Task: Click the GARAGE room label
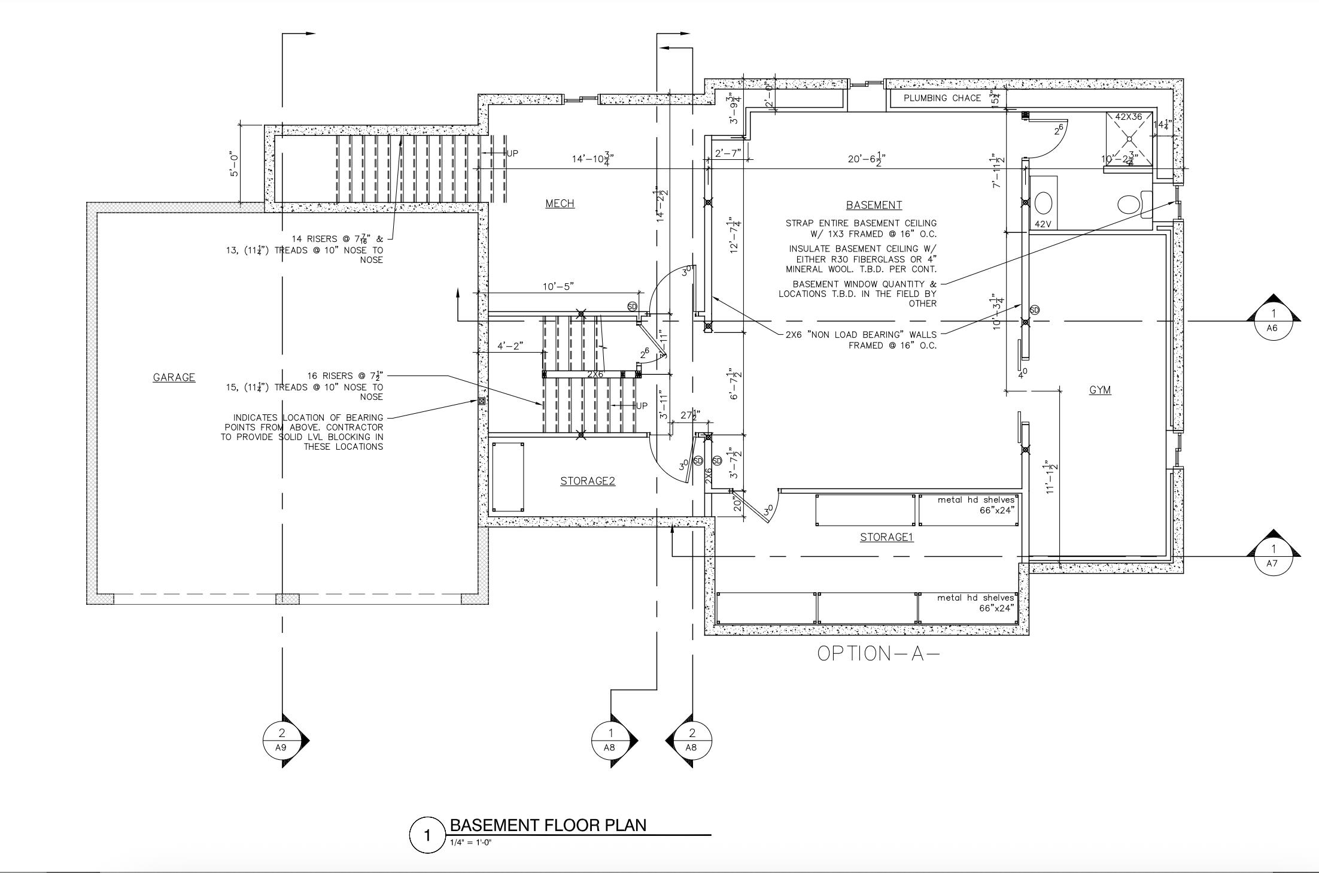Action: [174, 377]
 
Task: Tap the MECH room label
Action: [560, 204]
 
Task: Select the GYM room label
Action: [1100, 390]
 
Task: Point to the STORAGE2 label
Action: [587, 481]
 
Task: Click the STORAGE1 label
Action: [886, 537]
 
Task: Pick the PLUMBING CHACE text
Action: [942, 98]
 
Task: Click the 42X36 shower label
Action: [1129, 117]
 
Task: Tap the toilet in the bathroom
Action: [1132, 204]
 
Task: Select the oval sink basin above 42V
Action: [1043, 202]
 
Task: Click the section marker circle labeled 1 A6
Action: [1273, 321]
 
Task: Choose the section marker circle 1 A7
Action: [1273, 556]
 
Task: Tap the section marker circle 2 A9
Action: [282, 740]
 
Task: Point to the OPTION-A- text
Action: [878, 653]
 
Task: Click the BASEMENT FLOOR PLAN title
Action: [548, 825]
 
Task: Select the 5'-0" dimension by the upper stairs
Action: [235, 165]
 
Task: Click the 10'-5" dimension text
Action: [558, 286]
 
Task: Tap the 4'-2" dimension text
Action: [510, 346]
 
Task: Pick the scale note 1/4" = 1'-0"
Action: [471, 842]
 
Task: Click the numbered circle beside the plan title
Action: [427, 835]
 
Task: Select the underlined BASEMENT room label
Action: [874, 205]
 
